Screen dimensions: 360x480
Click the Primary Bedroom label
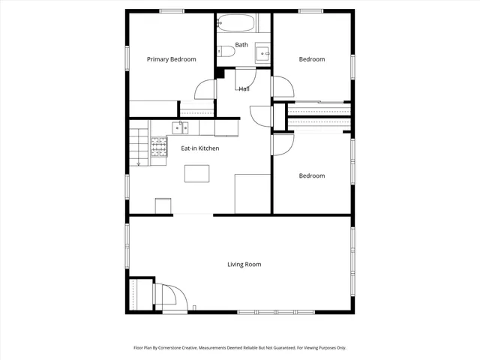tap(171, 59)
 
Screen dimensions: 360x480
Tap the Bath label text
tap(241, 45)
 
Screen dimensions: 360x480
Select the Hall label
tap(244, 89)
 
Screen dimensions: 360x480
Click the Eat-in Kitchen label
tap(199, 148)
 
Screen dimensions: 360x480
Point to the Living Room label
tap(244, 264)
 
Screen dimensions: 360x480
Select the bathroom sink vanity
tap(262, 54)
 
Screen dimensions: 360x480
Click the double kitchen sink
tap(180, 127)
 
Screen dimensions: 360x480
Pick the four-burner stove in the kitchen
tap(159, 150)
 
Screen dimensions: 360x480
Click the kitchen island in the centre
tap(197, 173)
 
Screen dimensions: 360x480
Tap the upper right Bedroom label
tap(312, 59)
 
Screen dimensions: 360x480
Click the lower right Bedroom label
tap(312, 175)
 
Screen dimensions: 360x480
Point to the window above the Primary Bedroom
tap(172, 10)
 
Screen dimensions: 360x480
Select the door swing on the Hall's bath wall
tap(245, 79)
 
